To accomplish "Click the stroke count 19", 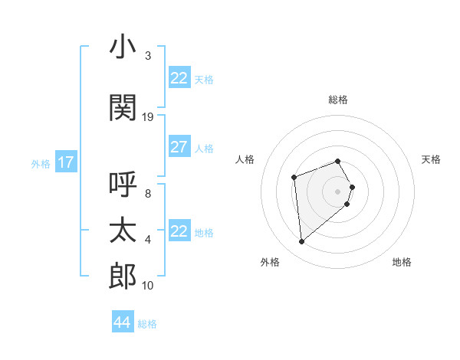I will (x=148, y=117).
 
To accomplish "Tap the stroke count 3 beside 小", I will (x=148, y=56).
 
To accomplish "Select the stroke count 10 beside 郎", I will (x=148, y=286).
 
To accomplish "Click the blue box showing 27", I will (x=179, y=147).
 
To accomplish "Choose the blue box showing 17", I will (x=65, y=162).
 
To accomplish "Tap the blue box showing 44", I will (x=122, y=322).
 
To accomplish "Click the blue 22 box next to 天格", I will (x=179, y=78).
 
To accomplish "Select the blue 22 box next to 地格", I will (x=179, y=231).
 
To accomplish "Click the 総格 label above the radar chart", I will (x=338, y=100).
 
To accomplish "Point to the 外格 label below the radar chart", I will (x=270, y=263).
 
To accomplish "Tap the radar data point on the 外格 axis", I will (x=301, y=242).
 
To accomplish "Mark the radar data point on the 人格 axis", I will (x=294, y=178).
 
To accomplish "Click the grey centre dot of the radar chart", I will (x=338, y=191).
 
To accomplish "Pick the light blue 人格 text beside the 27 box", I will (x=204, y=149).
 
